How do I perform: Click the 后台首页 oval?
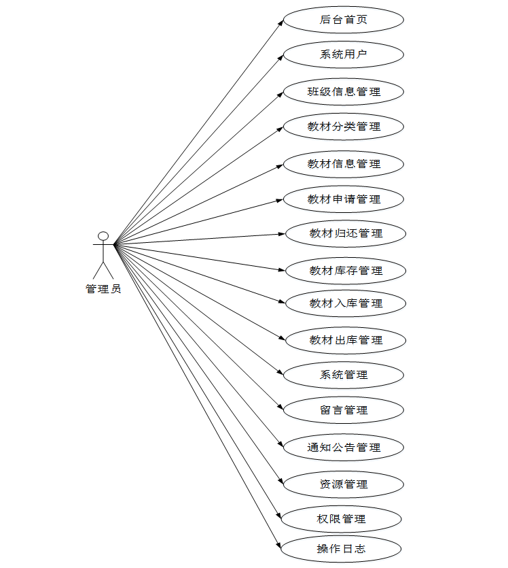[x=344, y=20]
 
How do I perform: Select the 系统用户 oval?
[x=344, y=54]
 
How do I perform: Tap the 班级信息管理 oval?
[x=344, y=92]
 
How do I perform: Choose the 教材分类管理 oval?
[x=344, y=127]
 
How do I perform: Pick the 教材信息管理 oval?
[x=344, y=164]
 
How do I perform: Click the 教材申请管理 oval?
[x=344, y=199]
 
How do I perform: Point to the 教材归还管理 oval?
[x=346, y=233]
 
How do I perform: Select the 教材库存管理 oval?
[x=346, y=271]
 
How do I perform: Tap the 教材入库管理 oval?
[x=346, y=303]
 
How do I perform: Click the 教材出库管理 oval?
[x=346, y=340]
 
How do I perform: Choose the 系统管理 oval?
[x=344, y=375]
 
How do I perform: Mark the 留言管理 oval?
[x=344, y=410]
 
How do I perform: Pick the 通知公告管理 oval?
[x=344, y=448]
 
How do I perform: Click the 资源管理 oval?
[x=344, y=484]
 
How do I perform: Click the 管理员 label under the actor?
[x=103, y=289]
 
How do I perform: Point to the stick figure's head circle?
[x=103, y=236]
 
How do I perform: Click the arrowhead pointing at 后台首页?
[x=280, y=22]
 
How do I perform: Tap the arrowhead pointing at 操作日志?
[x=278, y=545]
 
